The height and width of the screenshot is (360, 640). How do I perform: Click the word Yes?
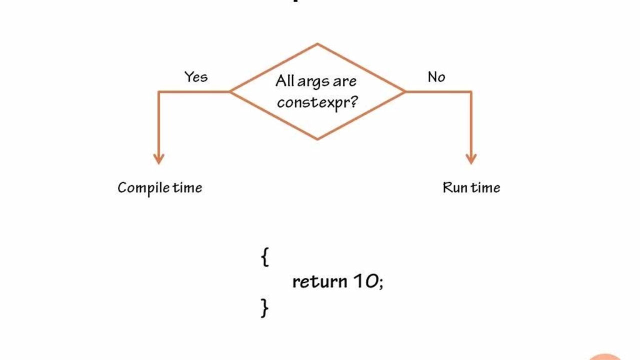(x=195, y=77)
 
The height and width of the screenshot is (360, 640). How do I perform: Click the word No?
(x=436, y=77)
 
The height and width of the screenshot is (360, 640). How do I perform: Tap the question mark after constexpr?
(x=353, y=101)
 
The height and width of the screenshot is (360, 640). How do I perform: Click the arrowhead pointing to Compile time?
(x=158, y=158)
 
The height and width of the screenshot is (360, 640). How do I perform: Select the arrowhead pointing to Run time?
(x=471, y=158)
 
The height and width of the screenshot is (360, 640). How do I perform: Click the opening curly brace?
(x=264, y=257)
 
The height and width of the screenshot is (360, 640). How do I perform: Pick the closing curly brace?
(x=264, y=307)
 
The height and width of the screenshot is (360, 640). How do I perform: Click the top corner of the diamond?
(x=317, y=44)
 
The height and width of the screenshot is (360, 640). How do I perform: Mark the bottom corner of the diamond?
(x=317, y=138)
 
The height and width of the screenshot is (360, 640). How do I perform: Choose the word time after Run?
(x=485, y=188)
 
